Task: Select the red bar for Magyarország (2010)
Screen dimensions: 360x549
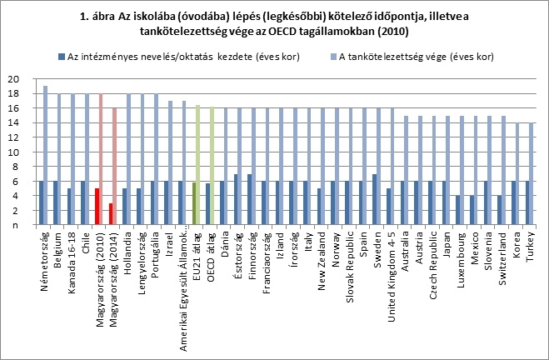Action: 97,207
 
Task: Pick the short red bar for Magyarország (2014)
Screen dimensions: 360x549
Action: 111,214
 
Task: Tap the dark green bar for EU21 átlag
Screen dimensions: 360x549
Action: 193,204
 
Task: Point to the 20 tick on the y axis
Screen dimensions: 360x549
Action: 12,79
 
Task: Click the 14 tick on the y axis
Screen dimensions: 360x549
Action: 12,123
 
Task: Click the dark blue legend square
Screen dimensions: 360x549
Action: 62,56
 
